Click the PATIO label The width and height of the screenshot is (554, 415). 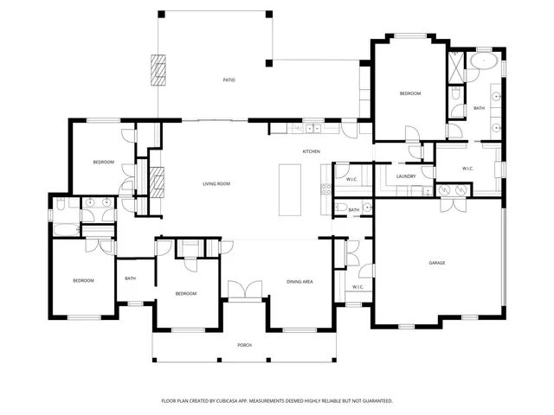(x=229, y=80)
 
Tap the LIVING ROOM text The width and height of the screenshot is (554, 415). (x=216, y=184)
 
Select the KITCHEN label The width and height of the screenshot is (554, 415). (x=311, y=152)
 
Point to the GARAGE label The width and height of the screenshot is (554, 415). (x=437, y=263)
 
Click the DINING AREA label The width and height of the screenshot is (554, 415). (x=300, y=282)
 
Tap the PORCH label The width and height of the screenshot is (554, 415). (x=245, y=345)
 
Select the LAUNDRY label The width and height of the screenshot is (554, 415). (x=406, y=176)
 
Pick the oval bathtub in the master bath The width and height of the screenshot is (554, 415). (x=484, y=62)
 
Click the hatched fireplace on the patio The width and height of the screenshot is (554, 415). (x=158, y=71)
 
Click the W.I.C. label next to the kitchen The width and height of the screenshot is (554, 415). (x=351, y=179)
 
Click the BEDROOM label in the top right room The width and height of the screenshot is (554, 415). (x=409, y=93)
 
